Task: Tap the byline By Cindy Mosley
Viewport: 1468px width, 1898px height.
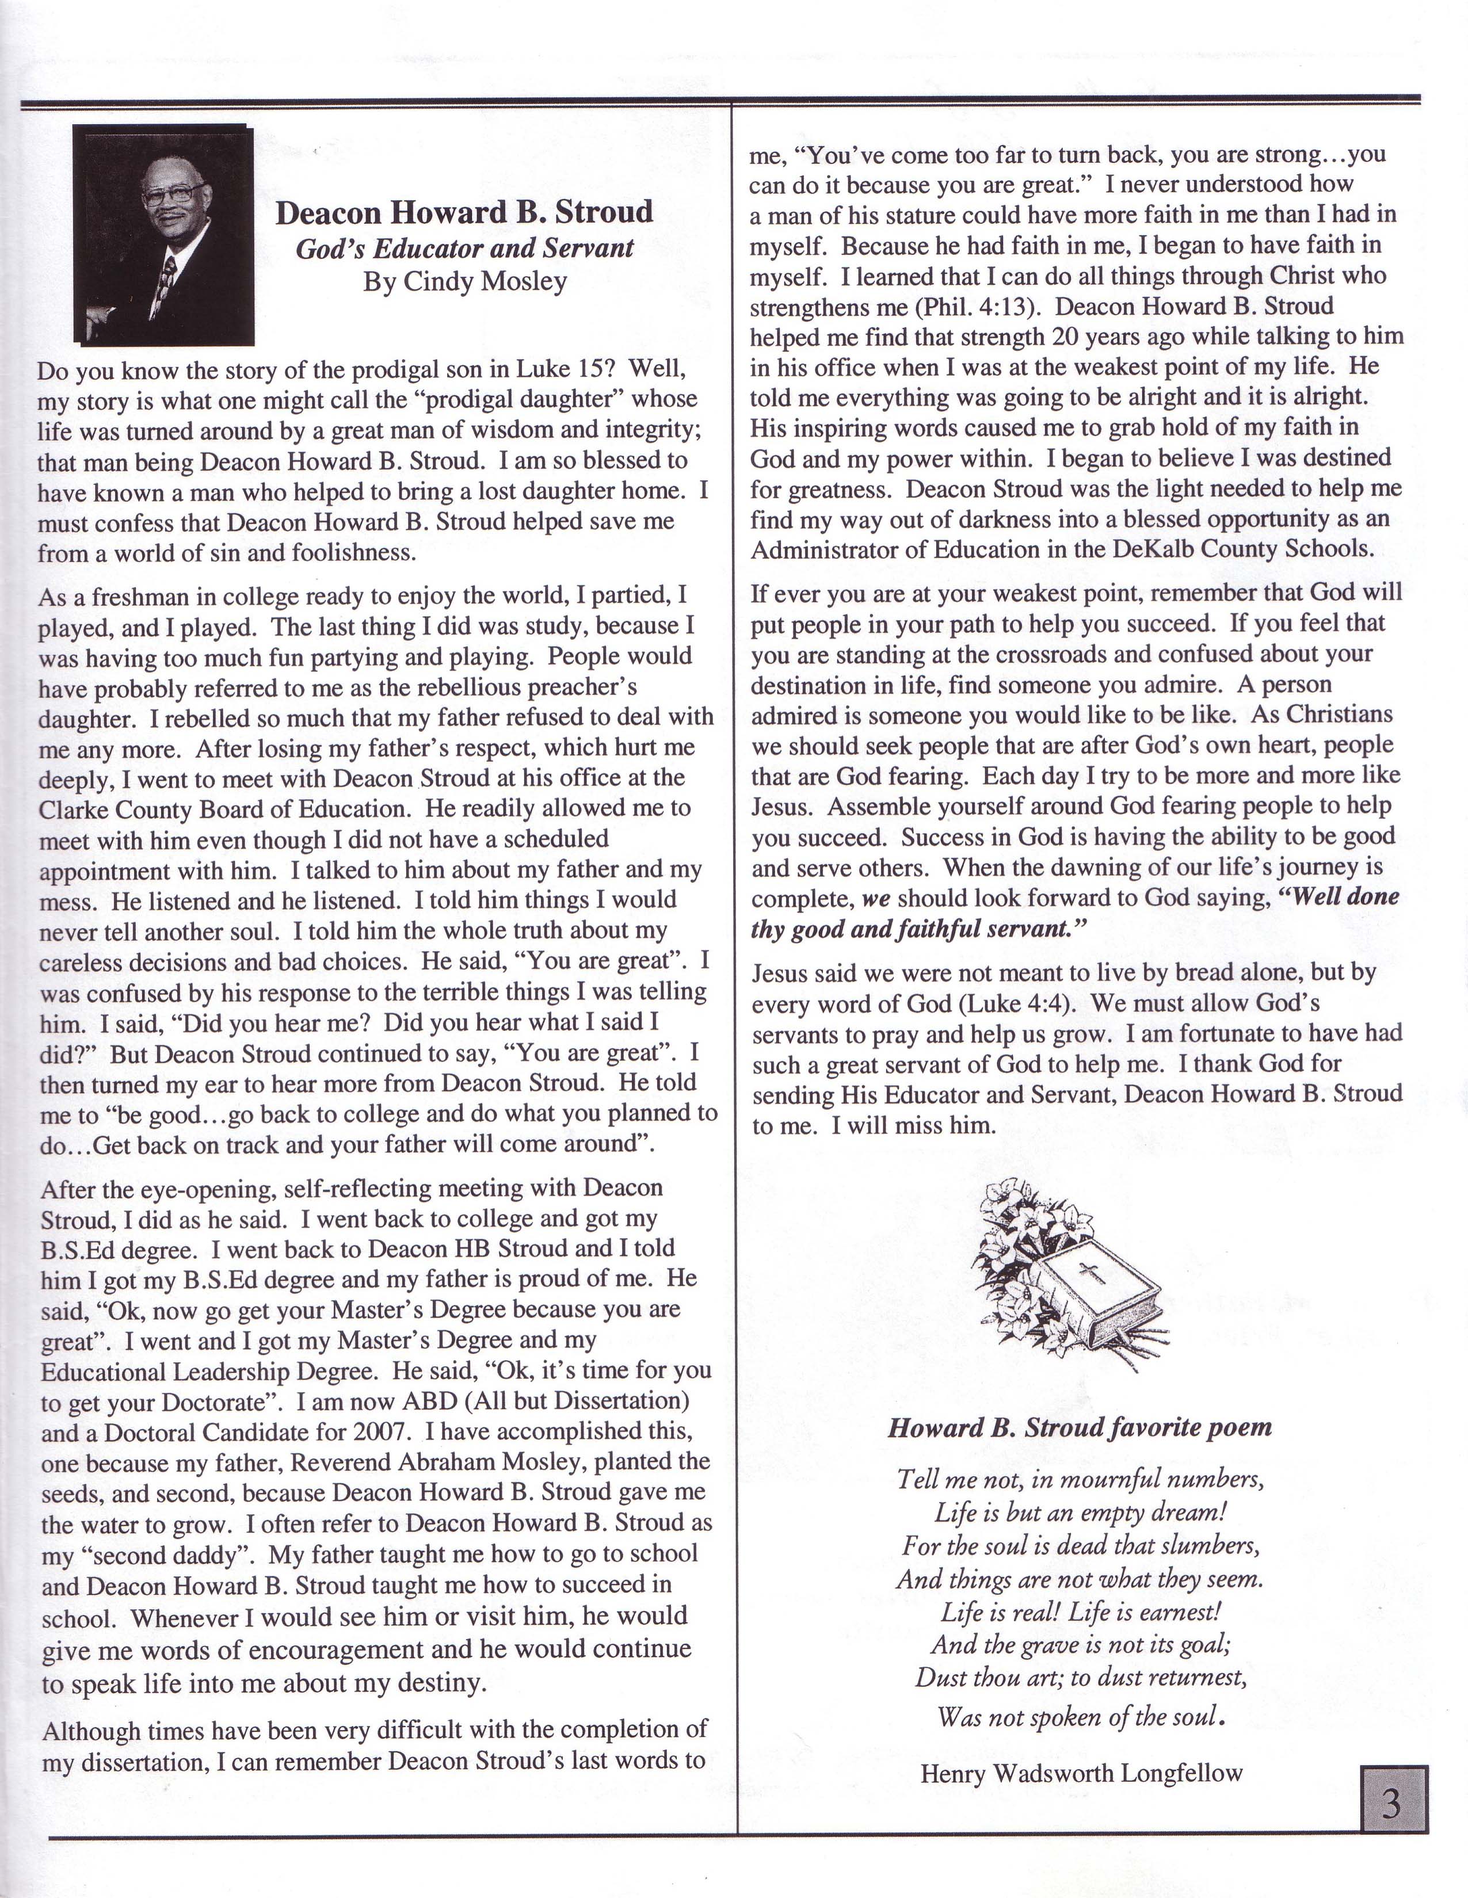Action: pos(465,281)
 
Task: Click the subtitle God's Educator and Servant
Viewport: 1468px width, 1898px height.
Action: pos(465,249)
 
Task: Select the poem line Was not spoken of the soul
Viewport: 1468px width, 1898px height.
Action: pos(1081,1716)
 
